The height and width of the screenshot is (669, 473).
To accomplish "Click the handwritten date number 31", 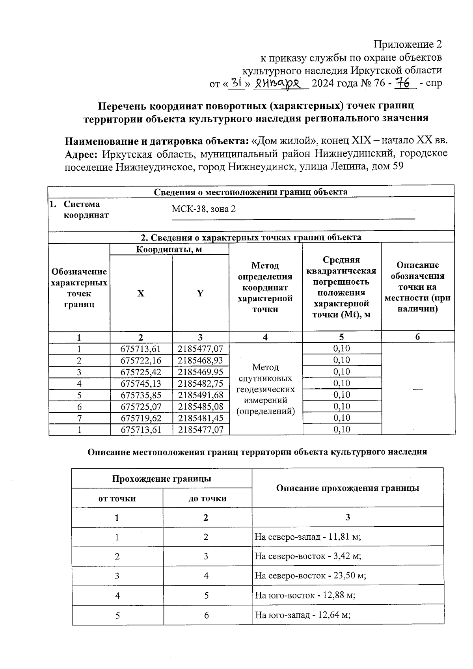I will point(237,82).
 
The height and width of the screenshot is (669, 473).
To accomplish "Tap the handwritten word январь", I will point(280,83).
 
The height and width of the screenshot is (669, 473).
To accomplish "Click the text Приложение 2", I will point(408,44).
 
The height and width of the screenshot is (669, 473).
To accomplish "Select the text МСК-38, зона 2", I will point(204,209).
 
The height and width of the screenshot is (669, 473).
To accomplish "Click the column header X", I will point(141,293).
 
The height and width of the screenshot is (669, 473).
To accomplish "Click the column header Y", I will point(200,293).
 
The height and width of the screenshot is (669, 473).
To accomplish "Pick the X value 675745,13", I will point(141,384).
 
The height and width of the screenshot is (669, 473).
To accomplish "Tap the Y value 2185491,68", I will point(200,395).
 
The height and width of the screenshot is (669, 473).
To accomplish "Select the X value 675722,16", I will point(141,360).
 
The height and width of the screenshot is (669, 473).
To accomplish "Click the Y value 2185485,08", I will point(200,406).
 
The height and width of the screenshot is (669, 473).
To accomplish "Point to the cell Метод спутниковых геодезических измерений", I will point(265,389).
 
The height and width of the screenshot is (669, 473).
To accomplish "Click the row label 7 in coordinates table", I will point(79,418).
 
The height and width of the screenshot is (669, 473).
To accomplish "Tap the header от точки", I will point(117,498).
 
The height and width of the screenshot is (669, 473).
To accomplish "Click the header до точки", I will point(207,498).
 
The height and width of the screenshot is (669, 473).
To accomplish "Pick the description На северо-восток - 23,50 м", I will point(310,576).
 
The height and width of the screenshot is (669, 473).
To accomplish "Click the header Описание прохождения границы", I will point(347,488).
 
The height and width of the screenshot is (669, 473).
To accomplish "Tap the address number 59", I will point(398,166).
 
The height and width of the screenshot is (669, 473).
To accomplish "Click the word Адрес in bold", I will point(81,153).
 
